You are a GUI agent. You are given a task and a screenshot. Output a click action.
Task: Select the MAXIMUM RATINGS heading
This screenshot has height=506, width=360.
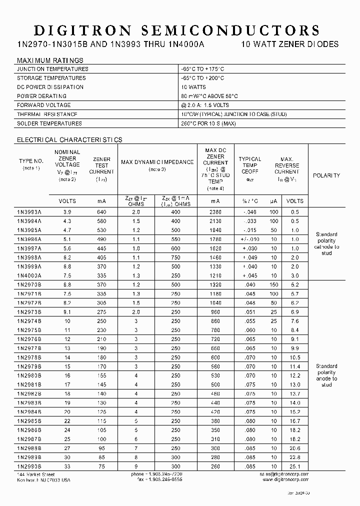coord(50,60)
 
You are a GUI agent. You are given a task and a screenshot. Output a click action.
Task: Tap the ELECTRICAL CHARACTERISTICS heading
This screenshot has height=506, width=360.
coord(69,139)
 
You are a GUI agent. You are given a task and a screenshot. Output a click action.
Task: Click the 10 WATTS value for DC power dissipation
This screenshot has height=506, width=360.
coord(193,87)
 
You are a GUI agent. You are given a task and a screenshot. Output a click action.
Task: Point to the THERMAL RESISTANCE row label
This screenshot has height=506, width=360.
coord(47,114)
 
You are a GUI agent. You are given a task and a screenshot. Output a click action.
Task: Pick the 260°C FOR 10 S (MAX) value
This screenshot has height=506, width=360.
coord(208,123)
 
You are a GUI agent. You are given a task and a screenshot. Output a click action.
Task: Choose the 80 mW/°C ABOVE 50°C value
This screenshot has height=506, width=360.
coord(209,96)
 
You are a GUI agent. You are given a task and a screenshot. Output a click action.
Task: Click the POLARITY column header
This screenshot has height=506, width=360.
coord(326,175)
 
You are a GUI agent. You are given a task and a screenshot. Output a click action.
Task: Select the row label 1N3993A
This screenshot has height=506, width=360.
coord(30,212)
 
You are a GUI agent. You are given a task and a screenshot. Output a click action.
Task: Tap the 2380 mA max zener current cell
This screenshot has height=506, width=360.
coord(215,212)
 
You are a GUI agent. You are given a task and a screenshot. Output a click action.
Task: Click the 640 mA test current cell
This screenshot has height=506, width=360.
coord(101,212)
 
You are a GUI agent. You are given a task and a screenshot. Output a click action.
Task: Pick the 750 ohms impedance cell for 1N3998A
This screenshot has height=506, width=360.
coord(174,257)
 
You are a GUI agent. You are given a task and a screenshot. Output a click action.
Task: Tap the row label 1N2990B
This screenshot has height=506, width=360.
coord(30,466)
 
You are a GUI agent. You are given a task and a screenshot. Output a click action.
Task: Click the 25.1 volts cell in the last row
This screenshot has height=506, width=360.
coord(294,466)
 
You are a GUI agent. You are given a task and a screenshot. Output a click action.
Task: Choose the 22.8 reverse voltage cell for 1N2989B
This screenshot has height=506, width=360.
coord(294,457)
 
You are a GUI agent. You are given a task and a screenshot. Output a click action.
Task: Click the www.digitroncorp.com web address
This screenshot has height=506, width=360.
coord(285,479)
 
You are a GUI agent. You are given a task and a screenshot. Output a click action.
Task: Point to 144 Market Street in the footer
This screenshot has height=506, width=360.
coord(36,474)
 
